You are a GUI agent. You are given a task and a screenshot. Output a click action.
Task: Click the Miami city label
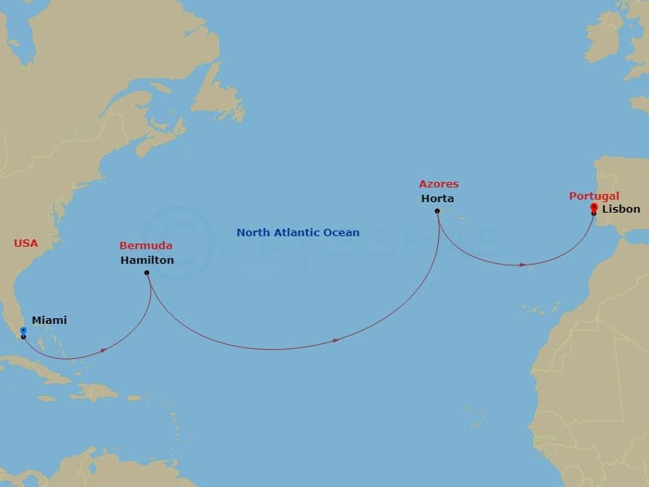(x=49, y=321)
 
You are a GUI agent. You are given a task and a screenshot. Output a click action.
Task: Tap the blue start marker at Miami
(x=23, y=330)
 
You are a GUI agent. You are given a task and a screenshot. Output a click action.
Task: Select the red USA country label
(x=26, y=243)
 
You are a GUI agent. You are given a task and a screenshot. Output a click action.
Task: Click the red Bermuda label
(x=145, y=246)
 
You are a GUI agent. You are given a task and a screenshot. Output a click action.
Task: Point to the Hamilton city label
(x=147, y=261)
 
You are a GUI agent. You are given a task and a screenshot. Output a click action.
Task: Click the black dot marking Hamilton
(x=147, y=273)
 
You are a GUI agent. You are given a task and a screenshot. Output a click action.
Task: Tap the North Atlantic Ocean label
(x=298, y=233)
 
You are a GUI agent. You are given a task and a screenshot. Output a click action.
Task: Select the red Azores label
(x=439, y=185)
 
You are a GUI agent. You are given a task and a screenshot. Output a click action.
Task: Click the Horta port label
(x=437, y=199)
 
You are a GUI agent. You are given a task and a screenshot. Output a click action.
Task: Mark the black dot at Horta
(x=437, y=211)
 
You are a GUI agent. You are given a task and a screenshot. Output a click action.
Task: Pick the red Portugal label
(x=594, y=196)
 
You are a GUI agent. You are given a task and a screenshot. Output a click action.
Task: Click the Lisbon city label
(x=621, y=209)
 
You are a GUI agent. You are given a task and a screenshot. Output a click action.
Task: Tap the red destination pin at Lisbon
(x=594, y=208)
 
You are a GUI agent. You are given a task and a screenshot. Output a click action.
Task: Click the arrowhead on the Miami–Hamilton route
(x=105, y=350)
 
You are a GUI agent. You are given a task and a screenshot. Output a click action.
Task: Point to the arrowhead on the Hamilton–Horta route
(x=336, y=340)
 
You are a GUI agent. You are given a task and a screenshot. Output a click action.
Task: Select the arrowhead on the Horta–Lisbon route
(x=524, y=265)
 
